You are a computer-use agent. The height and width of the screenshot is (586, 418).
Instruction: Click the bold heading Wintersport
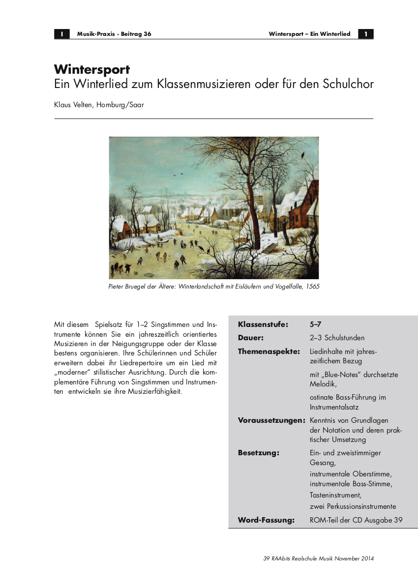pos(92,69)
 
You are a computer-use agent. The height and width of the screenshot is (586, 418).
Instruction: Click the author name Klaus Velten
pos(74,104)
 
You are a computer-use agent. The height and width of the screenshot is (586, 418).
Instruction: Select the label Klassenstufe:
pos(263,324)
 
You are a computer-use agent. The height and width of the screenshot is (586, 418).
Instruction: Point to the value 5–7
pos(316,324)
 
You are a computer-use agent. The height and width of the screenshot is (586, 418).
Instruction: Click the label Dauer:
pos(251,338)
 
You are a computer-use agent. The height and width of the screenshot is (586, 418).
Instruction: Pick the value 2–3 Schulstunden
pos(337,338)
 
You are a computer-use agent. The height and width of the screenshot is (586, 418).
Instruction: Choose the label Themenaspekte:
pos(269,352)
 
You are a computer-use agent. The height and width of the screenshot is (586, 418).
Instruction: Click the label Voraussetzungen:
pos(272,420)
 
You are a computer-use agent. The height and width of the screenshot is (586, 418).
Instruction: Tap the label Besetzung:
pos(259,453)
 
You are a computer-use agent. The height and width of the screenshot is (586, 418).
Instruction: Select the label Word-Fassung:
pos(266,520)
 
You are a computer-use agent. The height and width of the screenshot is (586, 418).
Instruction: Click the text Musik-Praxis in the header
pos(95,34)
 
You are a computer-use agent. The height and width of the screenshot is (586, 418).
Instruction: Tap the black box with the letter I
pos(61,34)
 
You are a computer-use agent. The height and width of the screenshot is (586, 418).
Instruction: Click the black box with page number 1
pos(366,34)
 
